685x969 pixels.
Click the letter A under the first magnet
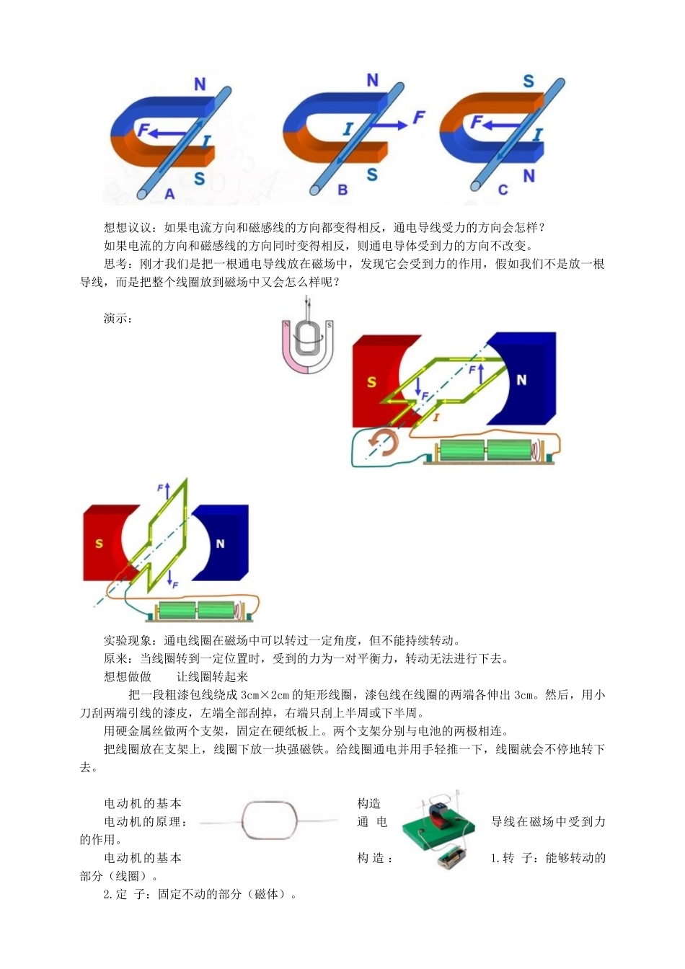(170, 194)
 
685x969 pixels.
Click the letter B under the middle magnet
(343, 190)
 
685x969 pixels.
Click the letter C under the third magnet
(503, 190)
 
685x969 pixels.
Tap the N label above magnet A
(200, 85)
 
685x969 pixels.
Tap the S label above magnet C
(529, 81)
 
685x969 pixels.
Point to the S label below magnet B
(372, 174)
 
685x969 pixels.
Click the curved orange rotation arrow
(382, 443)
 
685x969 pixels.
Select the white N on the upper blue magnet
(521, 380)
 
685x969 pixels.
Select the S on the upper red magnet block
(371, 382)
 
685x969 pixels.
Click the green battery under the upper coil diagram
(485, 450)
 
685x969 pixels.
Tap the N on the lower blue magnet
(221, 544)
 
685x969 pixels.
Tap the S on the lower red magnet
(100, 544)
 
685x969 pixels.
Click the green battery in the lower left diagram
(196, 611)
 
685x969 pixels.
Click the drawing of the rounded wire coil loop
(270, 821)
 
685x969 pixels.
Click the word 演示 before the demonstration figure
(117, 319)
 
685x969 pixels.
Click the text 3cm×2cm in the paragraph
(265, 695)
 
